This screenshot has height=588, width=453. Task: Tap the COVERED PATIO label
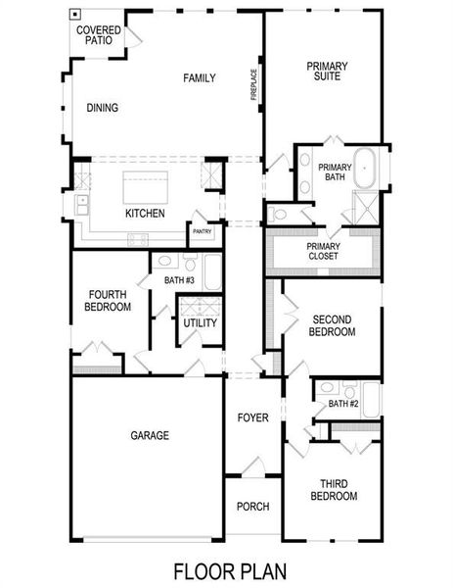tap(99, 36)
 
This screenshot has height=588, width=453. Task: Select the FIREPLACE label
tap(253, 84)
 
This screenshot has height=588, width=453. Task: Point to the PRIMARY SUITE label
tap(327, 73)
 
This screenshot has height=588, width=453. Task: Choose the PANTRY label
tap(203, 232)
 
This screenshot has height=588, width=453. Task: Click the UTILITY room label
tap(200, 323)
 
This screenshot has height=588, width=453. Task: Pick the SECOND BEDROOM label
tap(333, 325)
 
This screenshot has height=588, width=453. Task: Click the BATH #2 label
tap(343, 404)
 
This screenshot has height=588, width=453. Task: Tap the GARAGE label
tap(150, 435)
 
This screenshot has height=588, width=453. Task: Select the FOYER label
tap(252, 418)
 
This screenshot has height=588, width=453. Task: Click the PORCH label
tap(252, 507)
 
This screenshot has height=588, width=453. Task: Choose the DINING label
tap(103, 109)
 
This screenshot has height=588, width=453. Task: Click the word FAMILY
tap(199, 78)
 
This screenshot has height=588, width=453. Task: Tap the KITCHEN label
tap(144, 214)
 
